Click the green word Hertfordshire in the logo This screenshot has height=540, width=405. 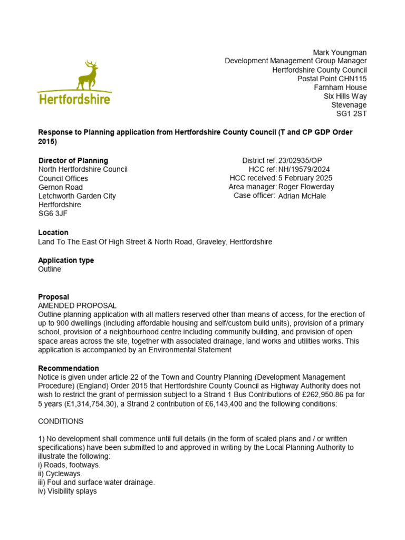click(74, 99)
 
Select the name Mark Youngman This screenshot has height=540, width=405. click(340, 52)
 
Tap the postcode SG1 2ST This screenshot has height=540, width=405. click(351, 113)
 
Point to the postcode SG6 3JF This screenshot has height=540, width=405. click(53, 214)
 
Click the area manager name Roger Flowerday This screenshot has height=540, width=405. click(306, 187)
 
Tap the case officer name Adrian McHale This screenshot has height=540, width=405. click(302, 196)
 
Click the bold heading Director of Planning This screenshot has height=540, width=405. click(73, 160)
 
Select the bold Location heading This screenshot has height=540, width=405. click(53, 233)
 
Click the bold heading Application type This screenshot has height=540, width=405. click(66, 261)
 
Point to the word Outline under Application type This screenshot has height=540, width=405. click(50, 269)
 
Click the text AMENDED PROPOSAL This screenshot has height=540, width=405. click(78, 305)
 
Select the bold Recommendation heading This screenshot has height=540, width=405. click(69, 368)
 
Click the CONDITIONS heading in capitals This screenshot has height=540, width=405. click(61, 422)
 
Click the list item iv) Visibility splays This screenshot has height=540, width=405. click(67, 491)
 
